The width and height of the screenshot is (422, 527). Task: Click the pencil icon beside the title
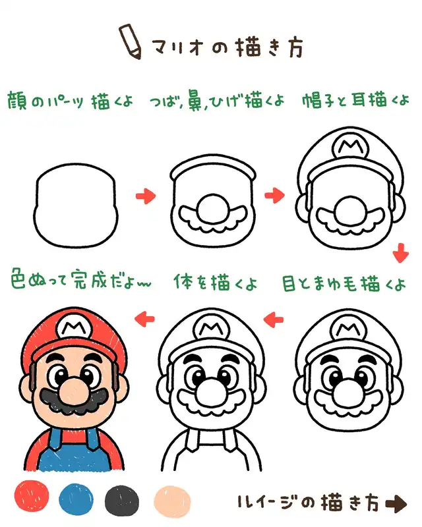[x=130, y=42]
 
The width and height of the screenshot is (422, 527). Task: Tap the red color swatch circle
[x=32, y=496]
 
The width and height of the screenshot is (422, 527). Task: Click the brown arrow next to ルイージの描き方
[x=396, y=504]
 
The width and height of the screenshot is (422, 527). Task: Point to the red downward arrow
[x=400, y=253]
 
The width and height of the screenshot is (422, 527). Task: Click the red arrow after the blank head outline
[x=146, y=195]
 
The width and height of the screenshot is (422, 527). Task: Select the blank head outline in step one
[x=76, y=206]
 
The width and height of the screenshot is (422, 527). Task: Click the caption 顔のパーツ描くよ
[x=70, y=100]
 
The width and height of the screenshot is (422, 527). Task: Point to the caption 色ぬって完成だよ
[x=80, y=279]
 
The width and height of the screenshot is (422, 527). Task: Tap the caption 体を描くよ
[x=216, y=282]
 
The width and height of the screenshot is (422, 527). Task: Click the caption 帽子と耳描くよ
[x=355, y=100]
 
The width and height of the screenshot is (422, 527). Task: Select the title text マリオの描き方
[x=227, y=47]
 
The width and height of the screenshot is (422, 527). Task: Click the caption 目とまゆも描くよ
[x=344, y=284]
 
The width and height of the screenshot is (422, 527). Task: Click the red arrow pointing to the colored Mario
[x=144, y=318]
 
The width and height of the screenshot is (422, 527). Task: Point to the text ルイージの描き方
[x=310, y=503]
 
